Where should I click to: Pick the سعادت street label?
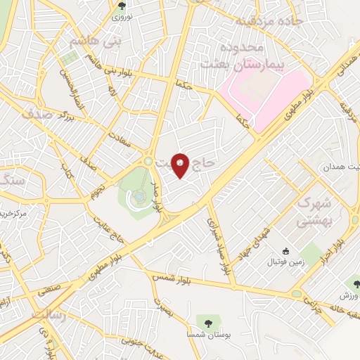(x=121, y=134)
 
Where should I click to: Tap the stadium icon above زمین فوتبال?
(x=285, y=251)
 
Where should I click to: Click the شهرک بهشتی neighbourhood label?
(x=312, y=212)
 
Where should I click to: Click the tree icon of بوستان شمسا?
(x=208, y=323)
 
